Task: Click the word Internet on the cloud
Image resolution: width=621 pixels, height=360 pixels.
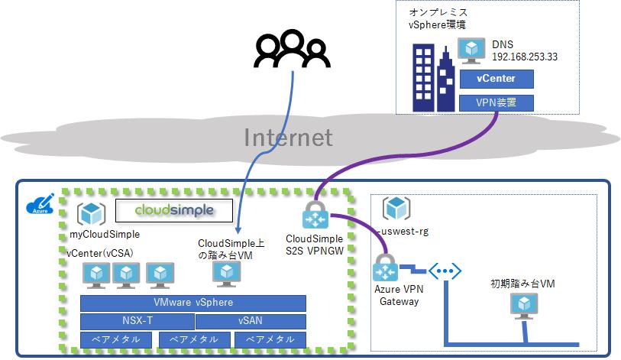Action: (288, 138)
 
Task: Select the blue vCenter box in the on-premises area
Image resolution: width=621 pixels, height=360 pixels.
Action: (496, 79)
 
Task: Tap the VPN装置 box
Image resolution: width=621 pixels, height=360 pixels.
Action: (496, 102)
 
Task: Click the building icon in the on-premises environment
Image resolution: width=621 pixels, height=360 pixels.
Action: (433, 76)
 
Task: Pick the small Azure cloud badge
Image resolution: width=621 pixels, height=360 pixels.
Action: (38, 204)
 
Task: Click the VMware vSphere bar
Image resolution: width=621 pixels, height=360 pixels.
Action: (193, 303)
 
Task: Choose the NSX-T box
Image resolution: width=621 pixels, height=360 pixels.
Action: (137, 321)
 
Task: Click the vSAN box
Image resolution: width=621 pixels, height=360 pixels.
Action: (251, 321)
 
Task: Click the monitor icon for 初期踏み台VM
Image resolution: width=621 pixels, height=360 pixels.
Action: (522, 306)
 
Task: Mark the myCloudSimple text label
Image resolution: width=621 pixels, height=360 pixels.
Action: (104, 235)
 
